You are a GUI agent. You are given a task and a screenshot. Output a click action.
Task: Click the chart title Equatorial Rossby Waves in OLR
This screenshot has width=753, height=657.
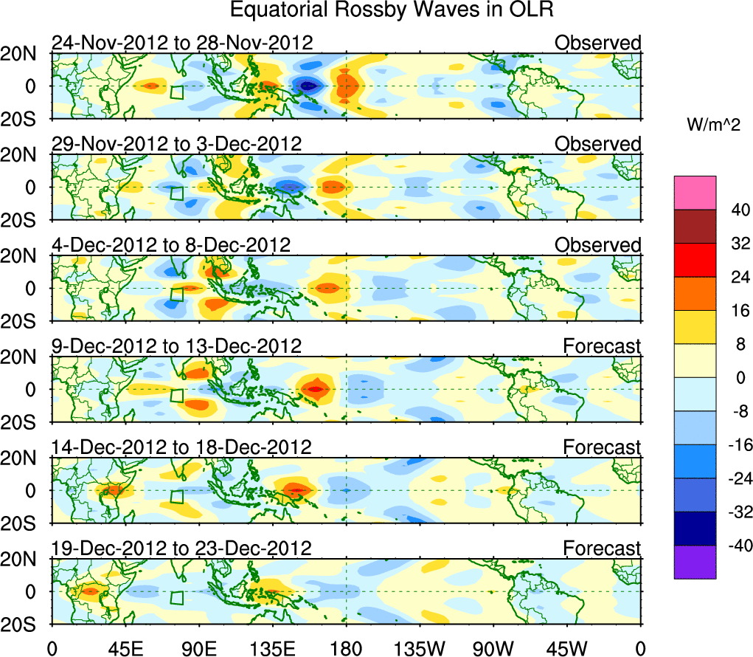pos(390,10)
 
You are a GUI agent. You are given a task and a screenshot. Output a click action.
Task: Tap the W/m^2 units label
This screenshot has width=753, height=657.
pos(712,125)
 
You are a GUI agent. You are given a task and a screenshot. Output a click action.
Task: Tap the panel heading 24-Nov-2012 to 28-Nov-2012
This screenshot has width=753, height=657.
pos(182,43)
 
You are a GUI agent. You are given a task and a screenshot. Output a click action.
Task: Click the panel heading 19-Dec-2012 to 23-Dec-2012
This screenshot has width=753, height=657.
pos(181,548)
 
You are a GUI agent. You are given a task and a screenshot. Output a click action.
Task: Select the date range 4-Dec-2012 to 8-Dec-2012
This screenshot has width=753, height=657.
pos(171,245)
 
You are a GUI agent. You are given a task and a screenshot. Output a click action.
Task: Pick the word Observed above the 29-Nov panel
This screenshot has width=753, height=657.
pos(598,144)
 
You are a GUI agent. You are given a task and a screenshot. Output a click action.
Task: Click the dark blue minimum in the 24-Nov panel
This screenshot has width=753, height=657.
pos(308,86)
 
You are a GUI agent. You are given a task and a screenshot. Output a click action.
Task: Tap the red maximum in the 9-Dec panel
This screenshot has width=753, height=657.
pos(316,389)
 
